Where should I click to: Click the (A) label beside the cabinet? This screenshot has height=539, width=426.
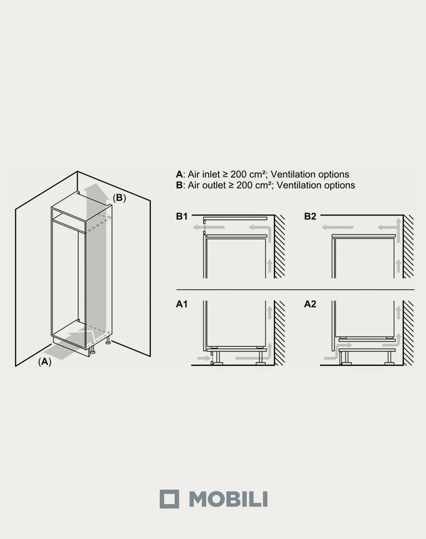click(44, 362)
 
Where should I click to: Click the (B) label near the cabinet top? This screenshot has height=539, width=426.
click(119, 198)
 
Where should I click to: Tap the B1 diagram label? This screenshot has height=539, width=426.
click(182, 216)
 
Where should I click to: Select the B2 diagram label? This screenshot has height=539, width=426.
click(310, 216)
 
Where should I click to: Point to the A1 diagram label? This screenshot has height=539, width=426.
click(182, 304)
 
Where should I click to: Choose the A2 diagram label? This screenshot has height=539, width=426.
click(310, 304)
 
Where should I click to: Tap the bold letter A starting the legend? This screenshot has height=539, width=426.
click(179, 174)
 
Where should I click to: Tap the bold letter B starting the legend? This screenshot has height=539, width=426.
click(179, 185)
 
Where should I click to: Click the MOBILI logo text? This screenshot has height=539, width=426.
click(228, 499)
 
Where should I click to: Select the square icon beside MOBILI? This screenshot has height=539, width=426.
click(169, 499)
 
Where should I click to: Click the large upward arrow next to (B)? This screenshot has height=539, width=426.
click(95, 254)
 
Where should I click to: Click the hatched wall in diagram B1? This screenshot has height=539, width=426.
click(280, 246)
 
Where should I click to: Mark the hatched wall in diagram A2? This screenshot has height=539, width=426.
click(408, 333)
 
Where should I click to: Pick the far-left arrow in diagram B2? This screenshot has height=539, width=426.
click(337, 227)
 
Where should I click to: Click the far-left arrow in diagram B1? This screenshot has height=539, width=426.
click(209, 227)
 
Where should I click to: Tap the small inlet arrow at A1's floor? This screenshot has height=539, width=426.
click(204, 358)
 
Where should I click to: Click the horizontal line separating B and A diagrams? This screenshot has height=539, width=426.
click(296, 290)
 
